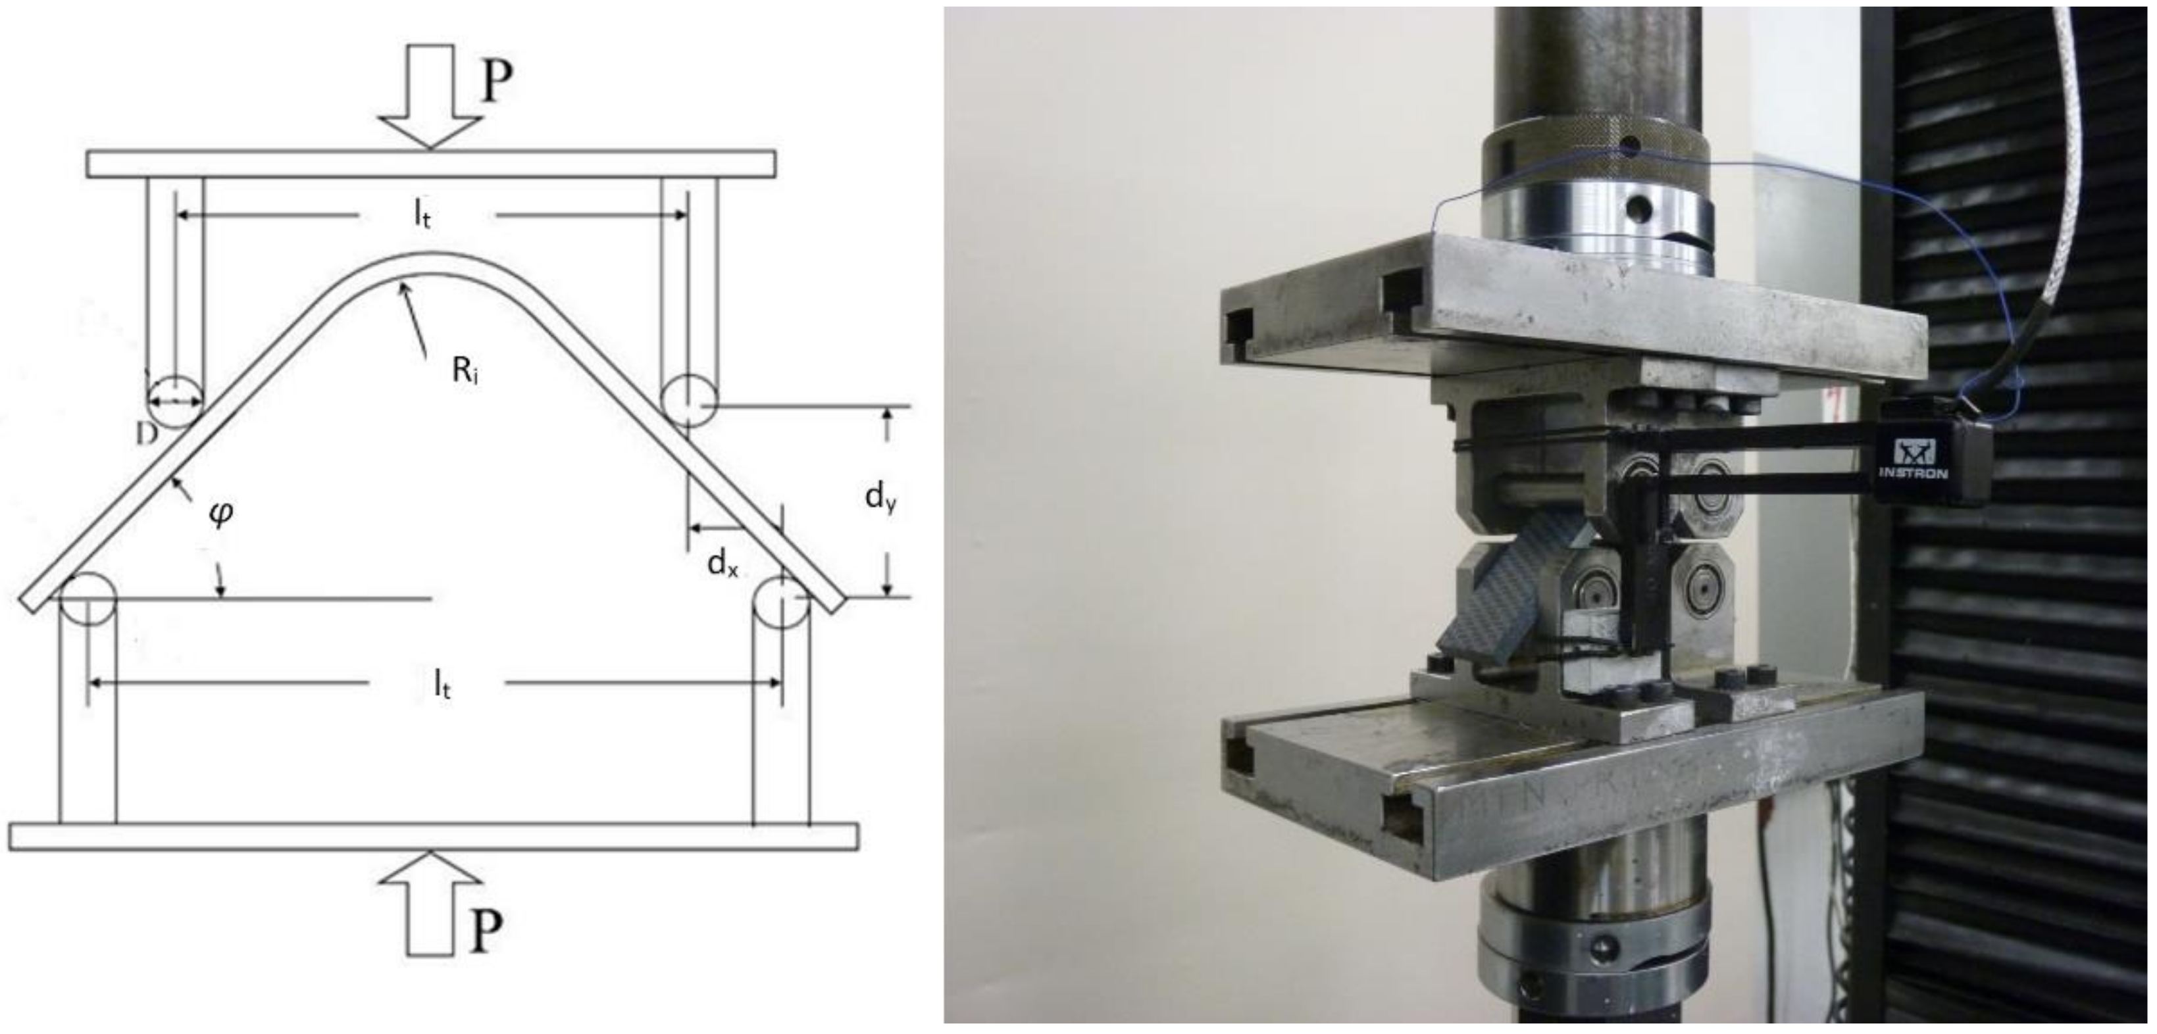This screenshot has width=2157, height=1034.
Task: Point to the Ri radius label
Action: click(x=466, y=370)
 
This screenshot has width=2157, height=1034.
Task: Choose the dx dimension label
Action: click(x=723, y=564)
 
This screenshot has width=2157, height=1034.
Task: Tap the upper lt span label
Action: click(x=423, y=215)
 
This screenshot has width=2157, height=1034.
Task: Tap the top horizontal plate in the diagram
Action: click(x=430, y=163)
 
